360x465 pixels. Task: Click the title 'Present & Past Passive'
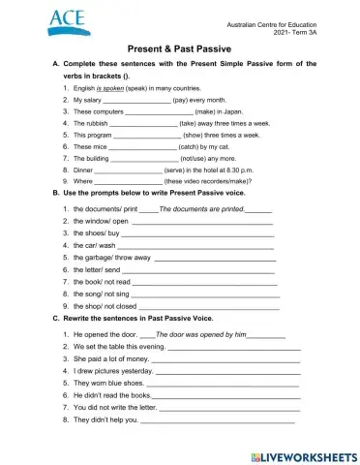pos(179,46)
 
